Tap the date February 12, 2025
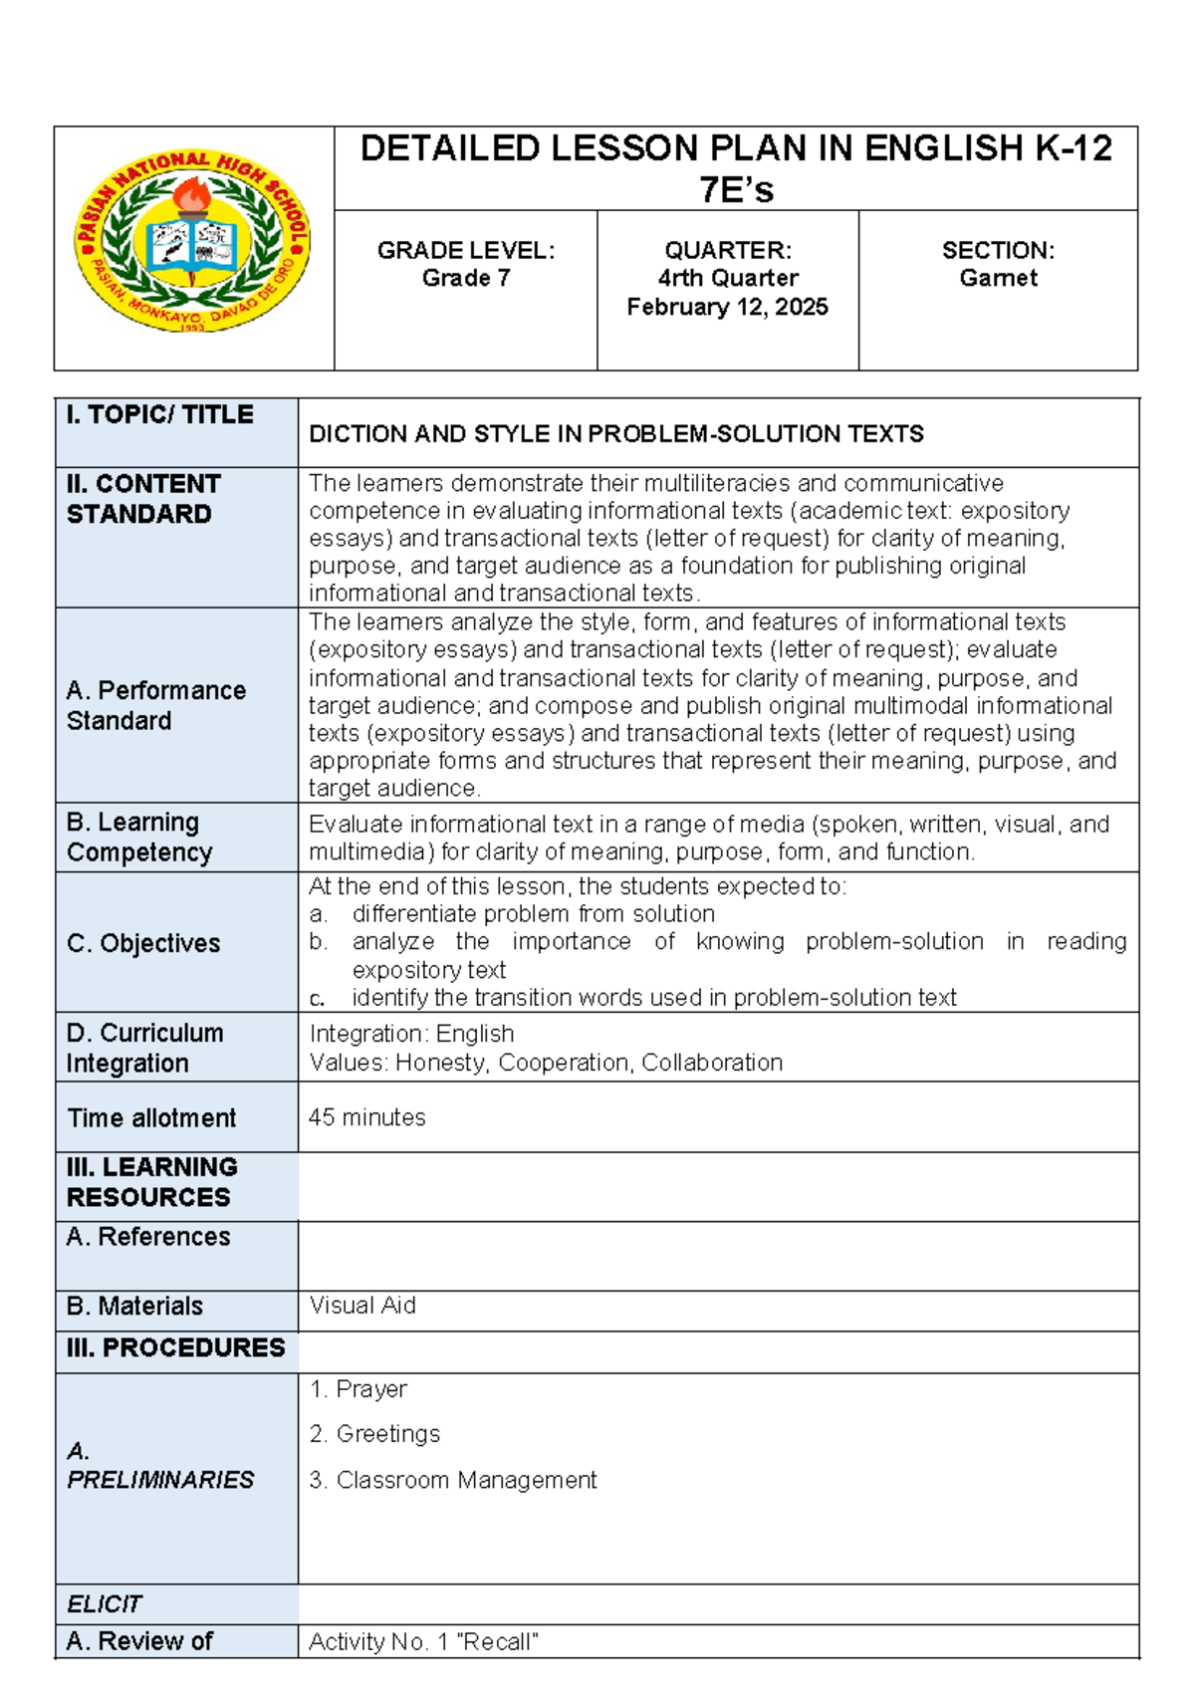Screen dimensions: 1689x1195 point(727,307)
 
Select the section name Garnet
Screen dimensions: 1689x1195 point(998,278)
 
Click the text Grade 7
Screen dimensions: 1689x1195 point(466,278)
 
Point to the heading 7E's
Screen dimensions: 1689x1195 point(736,189)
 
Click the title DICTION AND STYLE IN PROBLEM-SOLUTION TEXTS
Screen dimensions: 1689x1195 point(616,434)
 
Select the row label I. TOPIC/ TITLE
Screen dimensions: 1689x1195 point(160,414)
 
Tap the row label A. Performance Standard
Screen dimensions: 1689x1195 point(155,705)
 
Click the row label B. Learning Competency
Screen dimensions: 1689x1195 point(139,838)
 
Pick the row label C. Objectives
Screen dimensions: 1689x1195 point(143,943)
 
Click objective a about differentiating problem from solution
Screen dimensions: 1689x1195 point(533,914)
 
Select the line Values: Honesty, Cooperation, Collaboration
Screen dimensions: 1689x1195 point(546,1063)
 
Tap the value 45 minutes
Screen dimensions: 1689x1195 point(366,1117)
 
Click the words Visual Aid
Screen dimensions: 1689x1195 point(362,1306)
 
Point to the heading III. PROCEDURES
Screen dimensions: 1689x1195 point(175,1347)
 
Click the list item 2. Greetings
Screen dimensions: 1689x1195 point(374,1434)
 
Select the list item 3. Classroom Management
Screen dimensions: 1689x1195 point(453,1480)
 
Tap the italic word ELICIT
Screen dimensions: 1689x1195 point(104,1604)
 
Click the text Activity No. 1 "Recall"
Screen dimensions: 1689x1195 point(423,1642)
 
